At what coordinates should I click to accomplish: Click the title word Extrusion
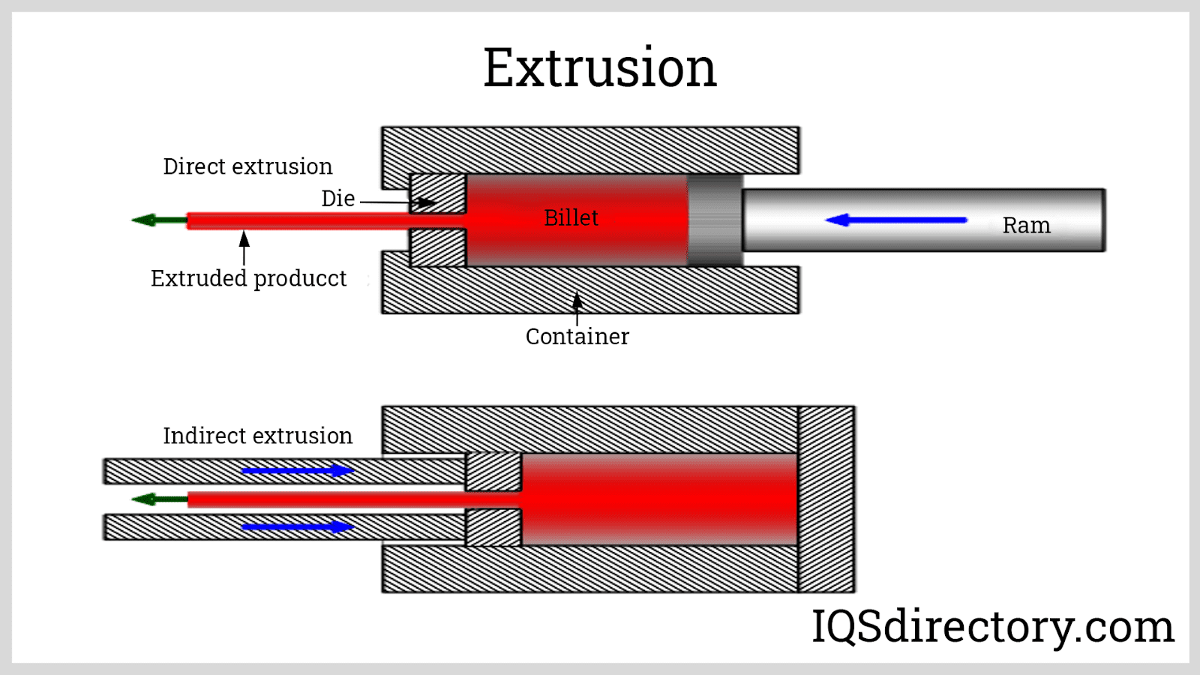pyautogui.click(x=600, y=67)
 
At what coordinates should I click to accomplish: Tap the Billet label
pyautogui.click(x=571, y=217)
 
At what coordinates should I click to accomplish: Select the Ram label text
pyautogui.click(x=1026, y=225)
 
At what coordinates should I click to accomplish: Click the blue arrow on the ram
pyautogui.click(x=895, y=220)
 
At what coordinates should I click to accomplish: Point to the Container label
pyautogui.click(x=577, y=336)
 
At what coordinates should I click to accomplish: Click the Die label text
pyautogui.click(x=337, y=199)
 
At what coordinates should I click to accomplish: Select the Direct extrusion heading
pyautogui.click(x=247, y=166)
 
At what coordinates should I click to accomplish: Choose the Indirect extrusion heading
pyautogui.click(x=257, y=436)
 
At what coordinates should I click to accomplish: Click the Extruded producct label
pyautogui.click(x=248, y=278)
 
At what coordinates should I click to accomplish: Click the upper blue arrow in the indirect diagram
pyautogui.click(x=298, y=471)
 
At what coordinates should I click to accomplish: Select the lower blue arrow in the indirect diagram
pyautogui.click(x=298, y=526)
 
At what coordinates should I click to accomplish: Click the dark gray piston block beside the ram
pyautogui.click(x=715, y=220)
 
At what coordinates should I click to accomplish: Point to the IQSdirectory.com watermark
pyautogui.click(x=992, y=626)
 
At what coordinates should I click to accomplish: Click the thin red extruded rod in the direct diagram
pyautogui.click(x=300, y=220)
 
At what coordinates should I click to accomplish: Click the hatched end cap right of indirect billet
pyautogui.click(x=826, y=499)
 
